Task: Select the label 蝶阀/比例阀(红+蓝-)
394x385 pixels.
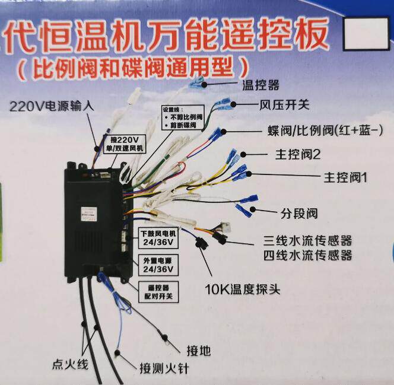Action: (323, 130)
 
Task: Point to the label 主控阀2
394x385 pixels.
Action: (297, 155)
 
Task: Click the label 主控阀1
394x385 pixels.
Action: (346, 177)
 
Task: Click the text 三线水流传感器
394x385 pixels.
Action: (307, 241)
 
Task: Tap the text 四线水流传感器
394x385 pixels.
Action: (307, 255)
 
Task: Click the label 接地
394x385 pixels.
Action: (198, 350)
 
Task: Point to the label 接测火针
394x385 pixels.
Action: (164, 368)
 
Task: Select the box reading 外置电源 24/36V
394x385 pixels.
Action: (158, 265)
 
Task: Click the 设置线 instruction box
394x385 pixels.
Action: (183, 119)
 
